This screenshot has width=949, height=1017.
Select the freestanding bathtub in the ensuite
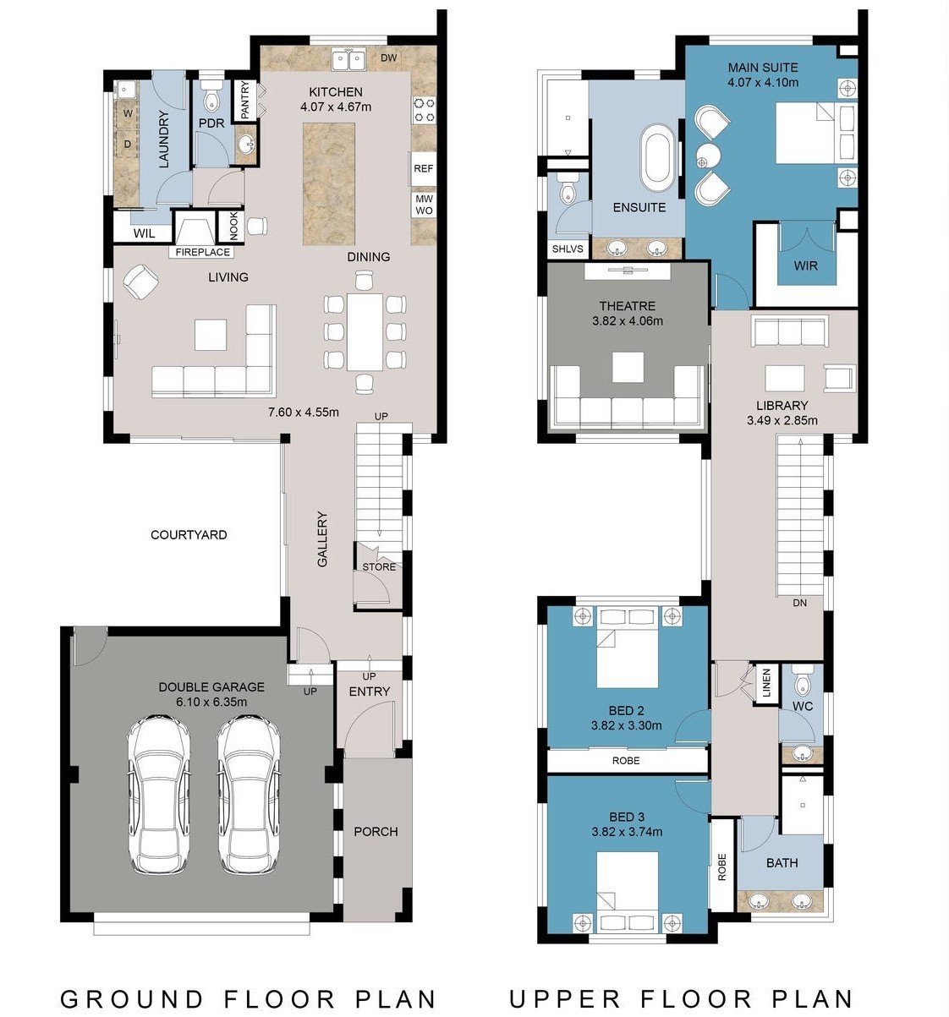click(657, 158)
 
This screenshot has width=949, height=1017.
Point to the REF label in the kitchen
click(423, 168)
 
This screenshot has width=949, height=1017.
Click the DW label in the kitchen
click(388, 57)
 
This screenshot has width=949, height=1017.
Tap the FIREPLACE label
click(203, 252)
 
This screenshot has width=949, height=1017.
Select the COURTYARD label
click(189, 534)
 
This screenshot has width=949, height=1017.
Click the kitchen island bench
click(329, 182)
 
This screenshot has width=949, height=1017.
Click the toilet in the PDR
click(211, 100)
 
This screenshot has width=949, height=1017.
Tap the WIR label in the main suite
click(806, 265)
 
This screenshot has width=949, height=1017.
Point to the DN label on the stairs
click(799, 604)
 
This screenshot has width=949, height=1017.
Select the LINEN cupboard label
click(766, 683)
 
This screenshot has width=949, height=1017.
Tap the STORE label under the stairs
click(379, 566)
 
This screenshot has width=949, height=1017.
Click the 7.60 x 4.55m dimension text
click(303, 413)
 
